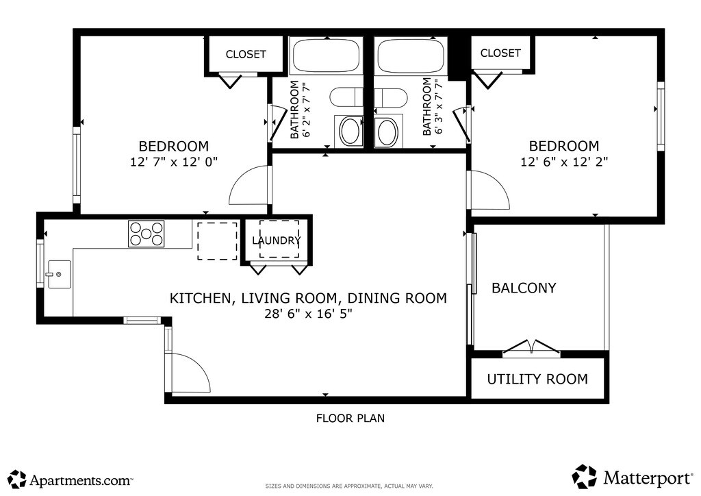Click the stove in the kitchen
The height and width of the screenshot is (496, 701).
146,234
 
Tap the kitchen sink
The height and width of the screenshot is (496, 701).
59,274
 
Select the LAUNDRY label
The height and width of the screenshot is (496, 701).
277,240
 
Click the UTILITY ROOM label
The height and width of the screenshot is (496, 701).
537,379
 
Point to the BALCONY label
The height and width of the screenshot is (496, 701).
524,288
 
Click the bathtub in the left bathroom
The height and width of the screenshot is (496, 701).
327,55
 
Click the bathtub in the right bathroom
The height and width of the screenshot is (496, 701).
411,55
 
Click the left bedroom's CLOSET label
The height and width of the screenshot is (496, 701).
246,54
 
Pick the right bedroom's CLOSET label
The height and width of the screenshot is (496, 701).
500,53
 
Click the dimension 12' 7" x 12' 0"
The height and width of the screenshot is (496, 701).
174,162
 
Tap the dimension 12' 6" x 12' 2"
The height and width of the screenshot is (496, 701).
564,162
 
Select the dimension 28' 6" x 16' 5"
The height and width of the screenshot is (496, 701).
309,314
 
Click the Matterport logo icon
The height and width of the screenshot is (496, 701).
585,476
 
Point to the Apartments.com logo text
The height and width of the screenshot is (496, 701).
81,481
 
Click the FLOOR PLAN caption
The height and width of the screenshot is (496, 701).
350,418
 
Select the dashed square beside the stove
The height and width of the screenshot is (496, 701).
217,240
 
